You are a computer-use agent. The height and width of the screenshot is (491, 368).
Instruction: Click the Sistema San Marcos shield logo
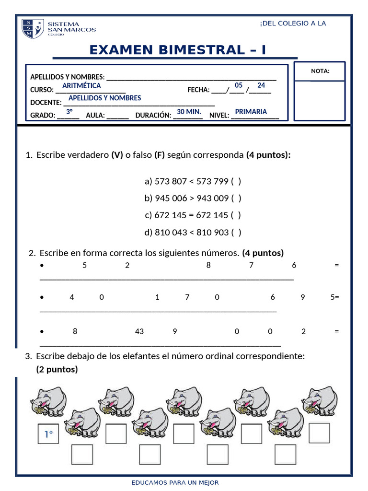tap(33, 29)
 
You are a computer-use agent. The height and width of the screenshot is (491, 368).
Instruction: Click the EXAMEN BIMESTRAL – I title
tap(177, 49)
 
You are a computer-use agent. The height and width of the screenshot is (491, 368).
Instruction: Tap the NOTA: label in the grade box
tap(320, 71)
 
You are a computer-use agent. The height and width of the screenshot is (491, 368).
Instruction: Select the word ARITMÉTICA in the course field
tap(81, 86)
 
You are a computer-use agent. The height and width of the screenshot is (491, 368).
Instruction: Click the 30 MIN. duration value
tap(189, 112)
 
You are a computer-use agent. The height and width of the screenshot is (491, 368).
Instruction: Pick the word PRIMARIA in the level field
tap(251, 112)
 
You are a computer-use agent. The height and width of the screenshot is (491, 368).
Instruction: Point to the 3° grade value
tap(69, 112)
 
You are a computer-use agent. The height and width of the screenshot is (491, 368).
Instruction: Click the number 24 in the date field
tap(261, 85)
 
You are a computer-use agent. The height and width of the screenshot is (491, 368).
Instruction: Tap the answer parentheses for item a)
tap(236, 181)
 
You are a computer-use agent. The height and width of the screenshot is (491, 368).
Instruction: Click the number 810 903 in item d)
tap(212, 232)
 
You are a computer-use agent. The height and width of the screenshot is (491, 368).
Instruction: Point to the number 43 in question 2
tap(139, 331)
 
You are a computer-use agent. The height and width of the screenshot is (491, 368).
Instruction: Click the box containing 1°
tap(48, 434)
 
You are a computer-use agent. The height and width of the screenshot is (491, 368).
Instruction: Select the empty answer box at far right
tap(319, 433)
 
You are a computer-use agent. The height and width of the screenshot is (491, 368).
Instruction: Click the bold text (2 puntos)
tap(57, 369)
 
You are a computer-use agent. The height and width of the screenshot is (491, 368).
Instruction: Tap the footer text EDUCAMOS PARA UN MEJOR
tap(175, 483)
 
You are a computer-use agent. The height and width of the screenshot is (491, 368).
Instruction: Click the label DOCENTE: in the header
tap(46, 103)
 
